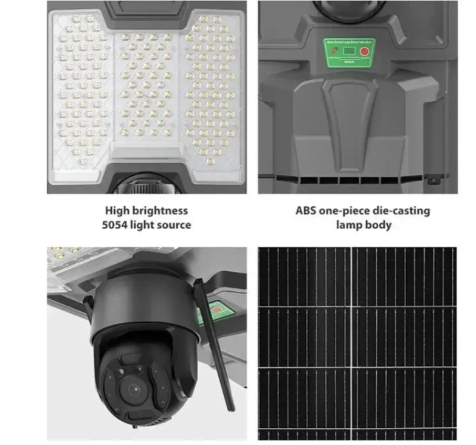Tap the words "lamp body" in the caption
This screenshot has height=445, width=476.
click(363, 225)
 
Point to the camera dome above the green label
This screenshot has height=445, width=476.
click(346, 12)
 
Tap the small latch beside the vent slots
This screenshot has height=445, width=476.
click(433, 180)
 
